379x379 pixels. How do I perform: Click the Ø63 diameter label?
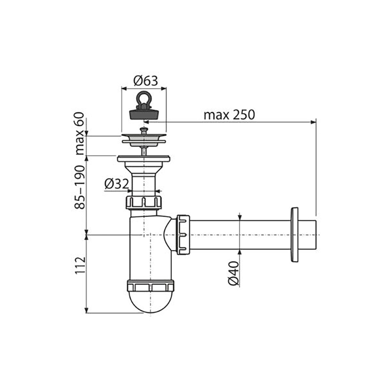(x=146, y=80)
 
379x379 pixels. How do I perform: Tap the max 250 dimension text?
(x=229, y=115)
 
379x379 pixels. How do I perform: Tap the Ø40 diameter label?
(x=233, y=273)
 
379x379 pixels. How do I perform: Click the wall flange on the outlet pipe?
(x=294, y=234)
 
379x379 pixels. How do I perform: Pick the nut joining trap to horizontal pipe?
(x=183, y=235)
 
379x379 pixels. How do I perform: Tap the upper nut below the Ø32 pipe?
(x=144, y=202)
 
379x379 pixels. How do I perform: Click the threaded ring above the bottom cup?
(x=150, y=285)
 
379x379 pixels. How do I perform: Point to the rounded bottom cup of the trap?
(x=150, y=302)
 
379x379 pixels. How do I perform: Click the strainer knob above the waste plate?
(x=144, y=131)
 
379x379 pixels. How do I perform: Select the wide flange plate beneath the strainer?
(x=144, y=159)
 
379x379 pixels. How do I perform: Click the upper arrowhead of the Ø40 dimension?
(x=240, y=217)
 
